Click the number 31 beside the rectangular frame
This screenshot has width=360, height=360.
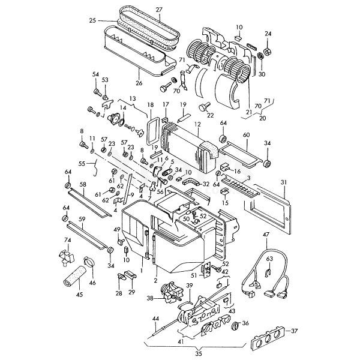click(x=283, y=182)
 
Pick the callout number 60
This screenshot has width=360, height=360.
click(x=245, y=136)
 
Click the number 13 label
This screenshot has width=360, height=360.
click(x=132, y=98)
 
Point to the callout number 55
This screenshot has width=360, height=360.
click(x=82, y=163)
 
